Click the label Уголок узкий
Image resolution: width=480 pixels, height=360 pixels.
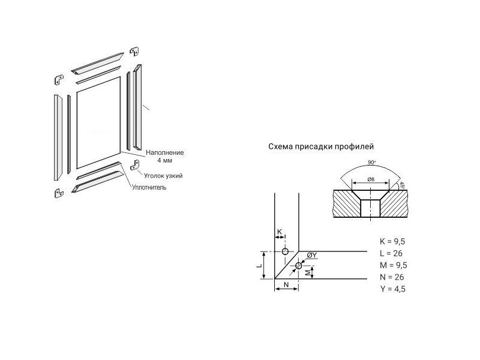[x=163, y=175]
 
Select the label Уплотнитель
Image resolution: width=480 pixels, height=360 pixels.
[x=149, y=187]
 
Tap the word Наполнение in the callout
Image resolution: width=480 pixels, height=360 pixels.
[x=164, y=153]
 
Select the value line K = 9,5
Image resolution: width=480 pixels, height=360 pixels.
[x=393, y=241]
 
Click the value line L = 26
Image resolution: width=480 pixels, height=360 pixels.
[x=391, y=253]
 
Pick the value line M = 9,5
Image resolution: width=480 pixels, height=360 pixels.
[x=393, y=265]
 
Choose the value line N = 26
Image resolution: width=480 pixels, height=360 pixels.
[x=391, y=277]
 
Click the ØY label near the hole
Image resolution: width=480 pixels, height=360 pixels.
[x=311, y=256]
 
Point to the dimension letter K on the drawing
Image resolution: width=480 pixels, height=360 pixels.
[x=280, y=232]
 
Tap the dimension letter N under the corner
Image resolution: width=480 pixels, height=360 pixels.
[x=286, y=284]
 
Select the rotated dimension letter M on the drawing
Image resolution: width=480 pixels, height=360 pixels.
[x=307, y=273]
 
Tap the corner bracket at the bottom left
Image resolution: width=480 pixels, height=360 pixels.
[x=59, y=193]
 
